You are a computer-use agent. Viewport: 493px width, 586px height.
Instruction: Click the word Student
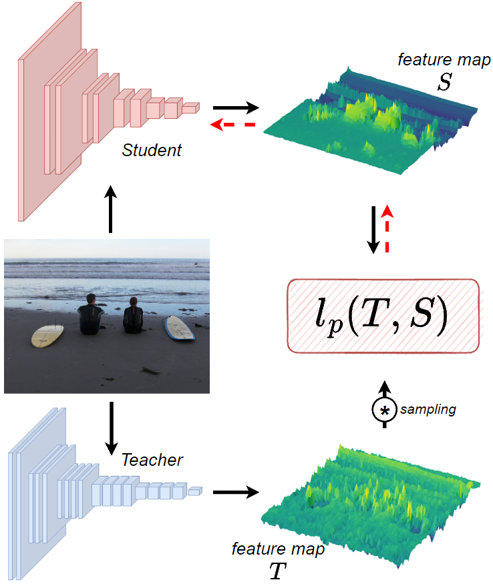click(152, 150)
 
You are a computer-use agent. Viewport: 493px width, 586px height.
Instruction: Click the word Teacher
click(152, 460)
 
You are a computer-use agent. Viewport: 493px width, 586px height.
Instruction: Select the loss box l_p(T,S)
click(383, 316)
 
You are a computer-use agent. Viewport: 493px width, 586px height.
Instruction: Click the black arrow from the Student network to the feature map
click(235, 107)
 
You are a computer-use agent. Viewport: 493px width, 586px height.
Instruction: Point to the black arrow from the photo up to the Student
click(111, 209)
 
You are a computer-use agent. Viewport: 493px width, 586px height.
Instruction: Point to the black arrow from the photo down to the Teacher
click(111, 425)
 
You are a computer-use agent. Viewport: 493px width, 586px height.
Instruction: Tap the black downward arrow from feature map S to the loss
click(375, 229)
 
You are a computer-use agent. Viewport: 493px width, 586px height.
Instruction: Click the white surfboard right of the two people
click(179, 328)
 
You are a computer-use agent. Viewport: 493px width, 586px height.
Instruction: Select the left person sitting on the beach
click(90, 316)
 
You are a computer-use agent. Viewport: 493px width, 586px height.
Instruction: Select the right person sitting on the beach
click(133, 316)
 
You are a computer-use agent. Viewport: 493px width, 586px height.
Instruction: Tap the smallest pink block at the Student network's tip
click(190, 107)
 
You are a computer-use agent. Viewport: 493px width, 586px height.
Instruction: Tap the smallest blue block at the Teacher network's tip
click(194, 492)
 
